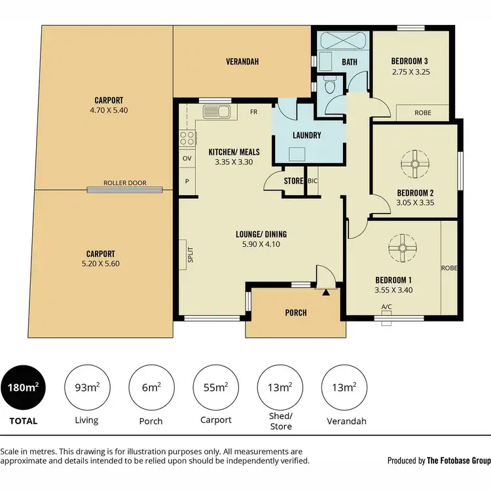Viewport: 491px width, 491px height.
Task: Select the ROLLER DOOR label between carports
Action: [125, 183]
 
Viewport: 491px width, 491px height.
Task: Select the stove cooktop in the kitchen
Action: [186, 138]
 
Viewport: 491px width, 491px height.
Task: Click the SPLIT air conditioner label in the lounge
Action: [191, 255]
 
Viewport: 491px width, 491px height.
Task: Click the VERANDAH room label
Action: [242, 62]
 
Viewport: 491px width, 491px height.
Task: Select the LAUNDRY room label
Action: [307, 136]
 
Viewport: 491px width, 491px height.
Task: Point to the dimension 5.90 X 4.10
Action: [261, 245]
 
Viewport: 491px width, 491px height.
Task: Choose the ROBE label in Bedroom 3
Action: [423, 113]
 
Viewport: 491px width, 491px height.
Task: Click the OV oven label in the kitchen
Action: [187, 158]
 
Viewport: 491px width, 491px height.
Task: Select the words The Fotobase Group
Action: [458, 460]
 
